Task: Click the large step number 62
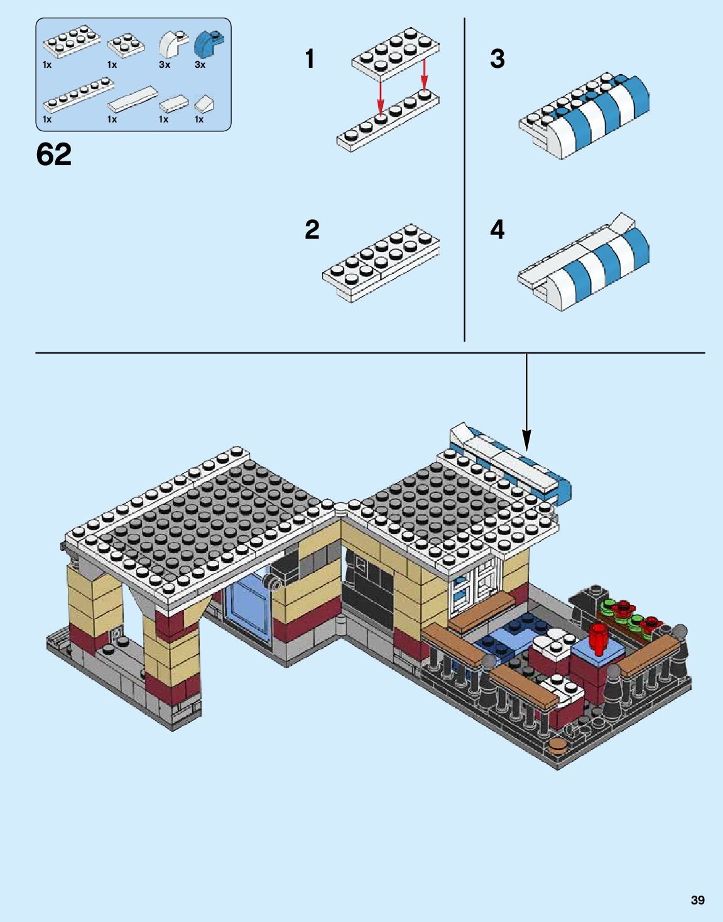pos(54,155)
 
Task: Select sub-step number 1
pos(310,60)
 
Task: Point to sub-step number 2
pos(312,229)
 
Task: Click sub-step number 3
pos(497,60)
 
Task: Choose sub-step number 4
pos(497,230)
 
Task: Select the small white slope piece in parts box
pos(204,102)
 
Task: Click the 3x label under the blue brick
pos(200,65)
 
